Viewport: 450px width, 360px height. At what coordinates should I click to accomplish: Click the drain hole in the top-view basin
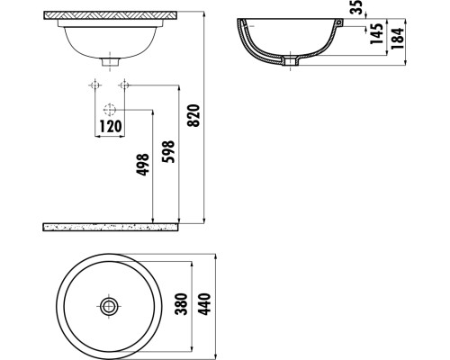click(x=109, y=306)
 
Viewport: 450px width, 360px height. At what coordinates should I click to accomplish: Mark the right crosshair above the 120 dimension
click(x=125, y=86)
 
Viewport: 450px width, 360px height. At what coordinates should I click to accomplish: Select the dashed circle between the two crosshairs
click(x=110, y=110)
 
